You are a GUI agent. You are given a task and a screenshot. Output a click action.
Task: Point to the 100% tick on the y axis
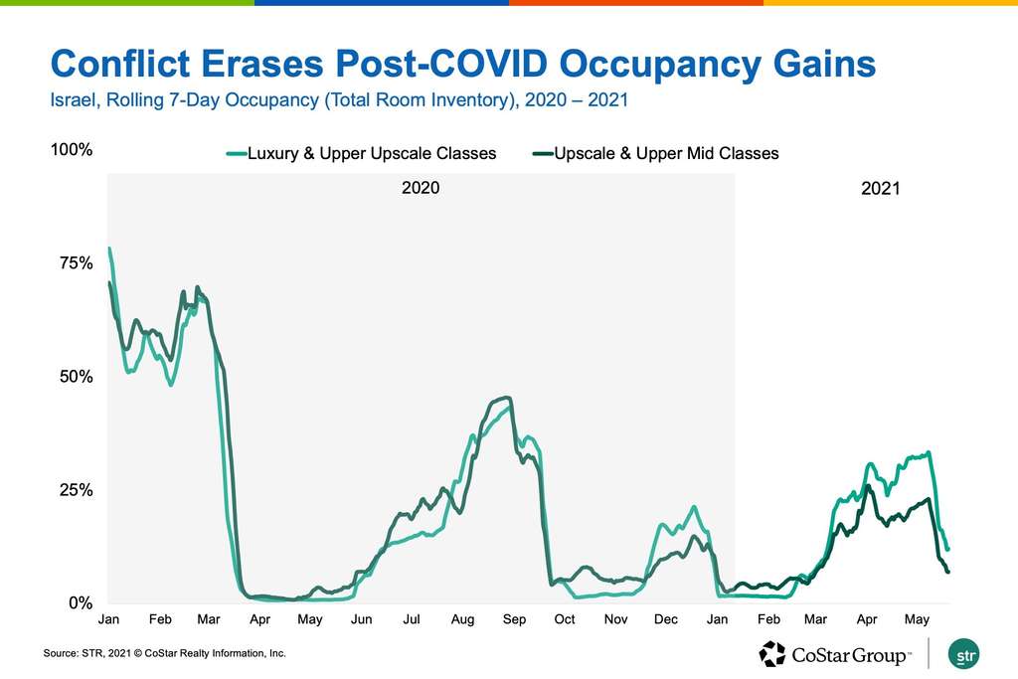pos(72,150)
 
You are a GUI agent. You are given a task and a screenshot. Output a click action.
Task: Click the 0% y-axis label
pos(79,603)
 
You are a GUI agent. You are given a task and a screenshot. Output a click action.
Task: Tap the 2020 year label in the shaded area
pos(420,187)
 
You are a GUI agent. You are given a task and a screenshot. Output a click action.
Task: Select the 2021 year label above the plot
pos(880,187)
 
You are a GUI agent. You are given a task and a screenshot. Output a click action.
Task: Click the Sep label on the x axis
pos(514,620)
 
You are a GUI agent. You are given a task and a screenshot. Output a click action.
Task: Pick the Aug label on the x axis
pos(462,620)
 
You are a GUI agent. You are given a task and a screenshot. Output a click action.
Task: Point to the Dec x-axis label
pos(666,620)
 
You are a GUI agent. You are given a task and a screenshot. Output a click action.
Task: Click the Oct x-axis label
pos(565,620)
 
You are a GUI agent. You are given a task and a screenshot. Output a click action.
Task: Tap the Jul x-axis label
pos(411,620)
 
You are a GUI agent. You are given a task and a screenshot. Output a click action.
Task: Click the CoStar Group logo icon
pos(772,654)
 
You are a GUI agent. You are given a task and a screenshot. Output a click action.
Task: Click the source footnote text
pos(164,653)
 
